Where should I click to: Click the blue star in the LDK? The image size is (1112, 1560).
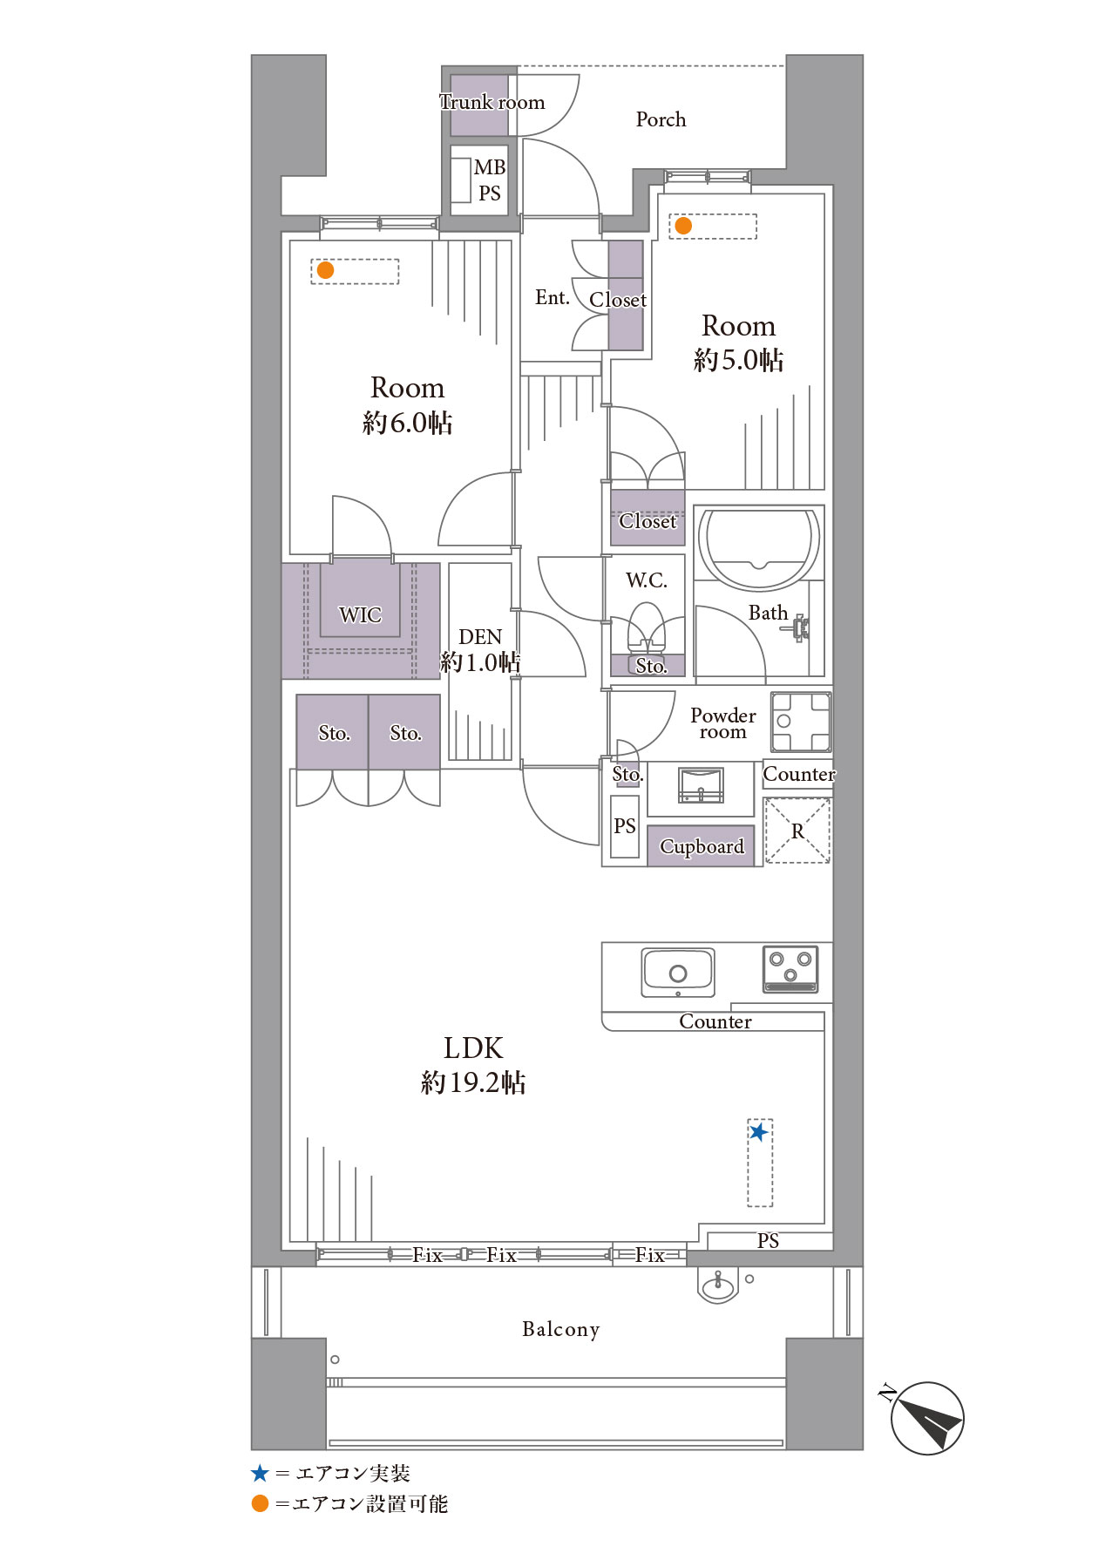(x=759, y=1132)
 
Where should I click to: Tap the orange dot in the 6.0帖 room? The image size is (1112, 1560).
(x=325, y=270)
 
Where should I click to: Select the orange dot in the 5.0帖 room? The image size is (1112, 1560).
(x=683, y=226)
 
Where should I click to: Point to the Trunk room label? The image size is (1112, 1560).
(x=492, y=102)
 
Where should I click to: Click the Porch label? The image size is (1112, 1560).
(x=661, y=119)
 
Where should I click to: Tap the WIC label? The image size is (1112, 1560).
(x=360, y=614)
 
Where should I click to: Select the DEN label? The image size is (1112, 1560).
(x=480, y=637)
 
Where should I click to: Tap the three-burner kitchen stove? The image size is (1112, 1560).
(x=790, y=969)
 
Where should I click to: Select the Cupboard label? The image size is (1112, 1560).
(x=702, y=846)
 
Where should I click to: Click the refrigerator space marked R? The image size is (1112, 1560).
(x=797, y=831)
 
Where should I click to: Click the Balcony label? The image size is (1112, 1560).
(x=560, y=1329)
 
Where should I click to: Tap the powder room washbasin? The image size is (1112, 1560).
(x=701, y=785)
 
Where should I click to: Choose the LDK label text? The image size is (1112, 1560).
(x=473, y=1048)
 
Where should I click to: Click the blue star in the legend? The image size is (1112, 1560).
(x=260, y=1473)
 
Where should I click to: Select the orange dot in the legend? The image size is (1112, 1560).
(x=260, y=1503)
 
